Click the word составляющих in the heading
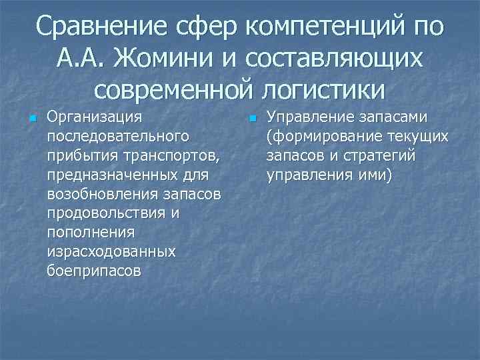[334, 58]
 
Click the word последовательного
[115, 137]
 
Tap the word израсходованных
[111, 252]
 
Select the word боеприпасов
[94, 271]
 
